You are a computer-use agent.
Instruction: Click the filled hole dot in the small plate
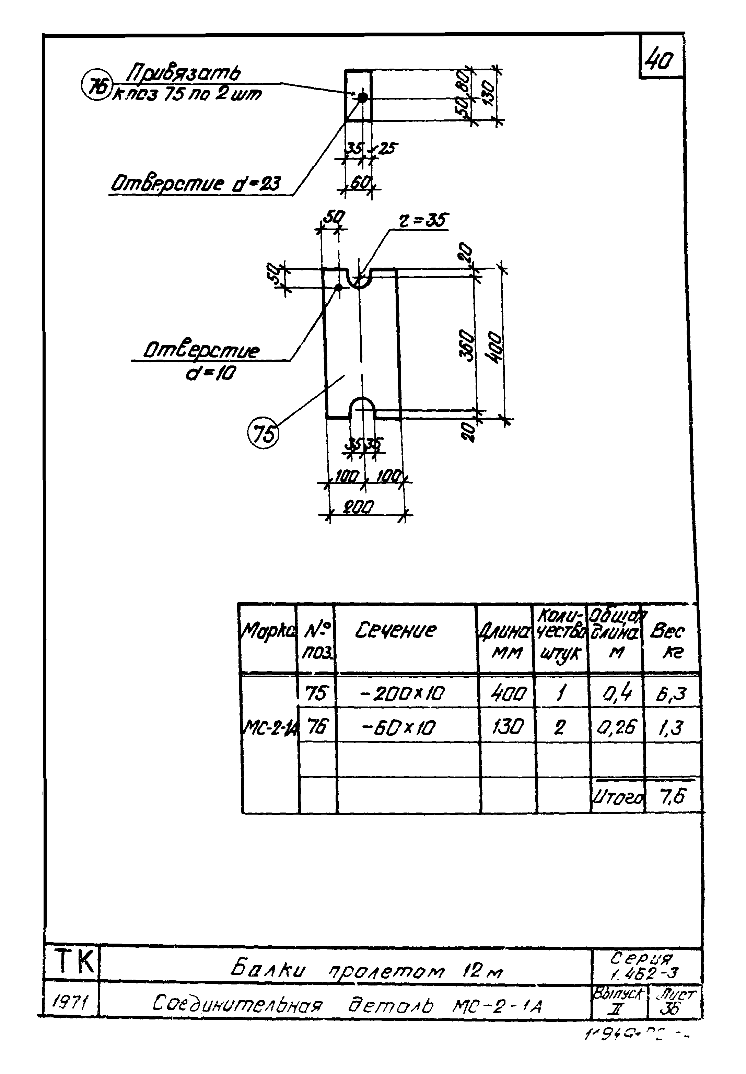point(362,97)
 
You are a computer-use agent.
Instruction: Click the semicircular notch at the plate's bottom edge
point(362,407)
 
